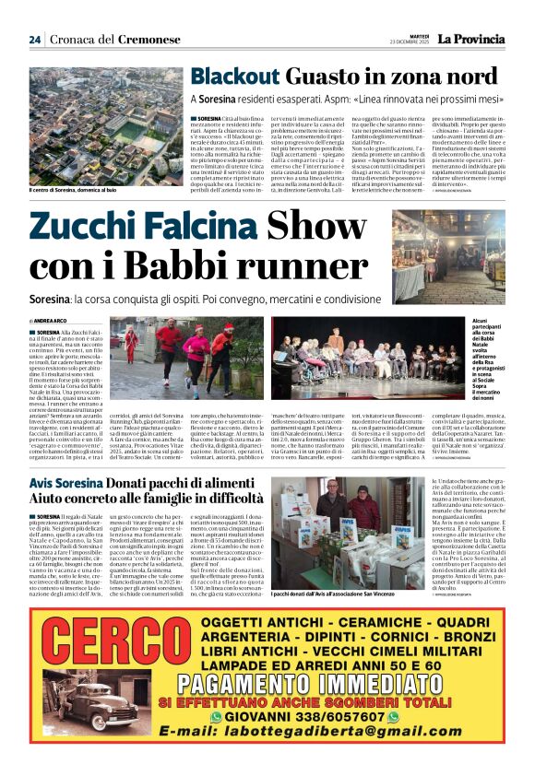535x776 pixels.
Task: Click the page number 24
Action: (34, 40)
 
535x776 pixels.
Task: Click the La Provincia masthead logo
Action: (470, 39)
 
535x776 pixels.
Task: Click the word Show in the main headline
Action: (328, 228)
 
